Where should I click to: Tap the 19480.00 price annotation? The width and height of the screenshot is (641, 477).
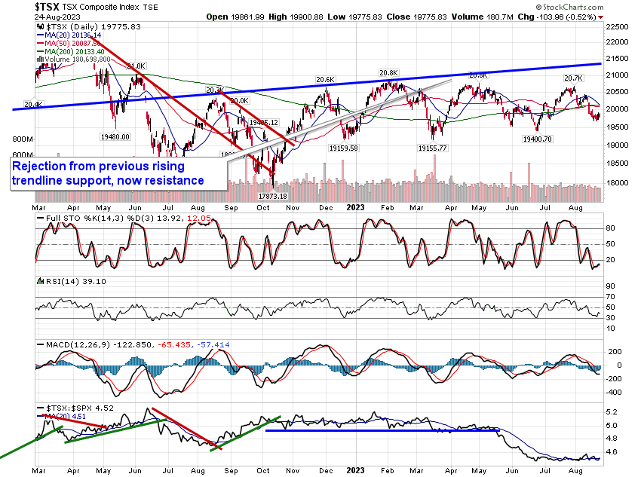pos(115,136)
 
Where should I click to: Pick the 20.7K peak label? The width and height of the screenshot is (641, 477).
pos(572,78)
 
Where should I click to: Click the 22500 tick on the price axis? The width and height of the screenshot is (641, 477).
pos(620,26)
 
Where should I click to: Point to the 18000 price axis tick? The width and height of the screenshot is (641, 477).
pos(620,182)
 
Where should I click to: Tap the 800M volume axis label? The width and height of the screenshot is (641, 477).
pos(23,140)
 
